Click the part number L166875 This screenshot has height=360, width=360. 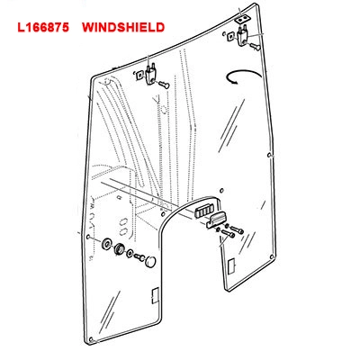point(43,27)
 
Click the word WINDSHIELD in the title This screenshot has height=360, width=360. point(123,27)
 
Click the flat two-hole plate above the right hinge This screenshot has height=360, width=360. point(241,20)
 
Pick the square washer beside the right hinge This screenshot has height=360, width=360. point(230,37)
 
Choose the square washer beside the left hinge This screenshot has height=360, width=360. point(139,75)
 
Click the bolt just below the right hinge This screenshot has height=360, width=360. point(255,47)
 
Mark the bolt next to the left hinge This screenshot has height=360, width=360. point(165,85)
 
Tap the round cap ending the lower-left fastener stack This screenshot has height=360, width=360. point(150,261)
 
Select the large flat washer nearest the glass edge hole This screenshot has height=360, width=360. point(106,244)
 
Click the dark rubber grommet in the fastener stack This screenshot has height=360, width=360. point(119,248)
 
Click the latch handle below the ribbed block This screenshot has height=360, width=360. point(216,220)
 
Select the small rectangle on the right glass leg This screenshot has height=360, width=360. point(231,267)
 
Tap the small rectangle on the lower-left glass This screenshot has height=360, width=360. point(155,295)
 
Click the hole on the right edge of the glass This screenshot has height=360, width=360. point(269,156)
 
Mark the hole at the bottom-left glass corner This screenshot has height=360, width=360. point(91,339)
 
